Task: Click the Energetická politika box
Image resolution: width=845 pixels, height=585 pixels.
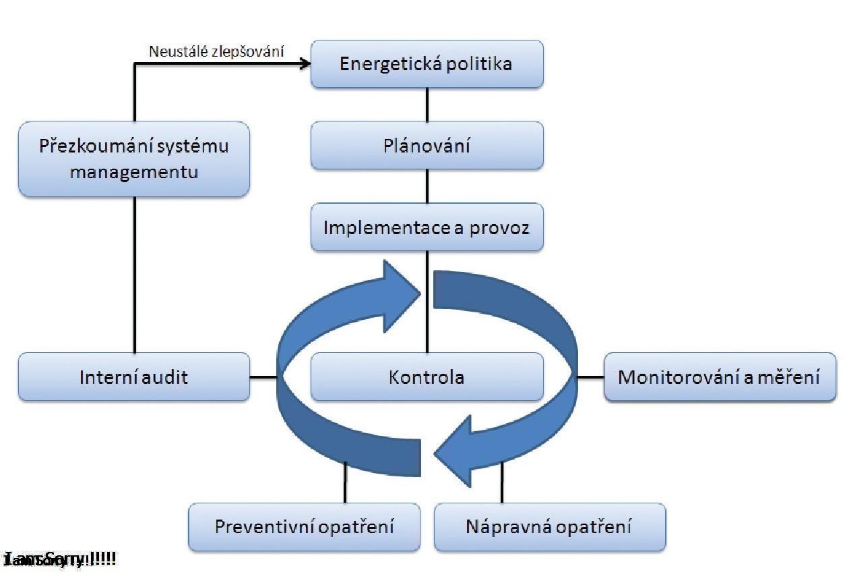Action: click(427, 64)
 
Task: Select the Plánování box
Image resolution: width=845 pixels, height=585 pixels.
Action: click(427, 145)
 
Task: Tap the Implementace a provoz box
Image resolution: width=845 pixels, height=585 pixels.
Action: click(427, 227)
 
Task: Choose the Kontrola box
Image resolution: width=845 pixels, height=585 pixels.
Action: click(427, 377)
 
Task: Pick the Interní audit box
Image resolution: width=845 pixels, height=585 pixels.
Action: click(133, 377)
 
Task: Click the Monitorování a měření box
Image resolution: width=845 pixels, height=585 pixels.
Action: click(719, 377)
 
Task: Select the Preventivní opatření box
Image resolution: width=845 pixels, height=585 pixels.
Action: click(304, 526)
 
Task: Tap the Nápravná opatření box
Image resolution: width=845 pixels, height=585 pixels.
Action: click(549, 526)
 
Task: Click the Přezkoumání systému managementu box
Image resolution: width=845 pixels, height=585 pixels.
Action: click(133, 159)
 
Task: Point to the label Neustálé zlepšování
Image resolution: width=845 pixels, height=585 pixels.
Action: click(216, 51)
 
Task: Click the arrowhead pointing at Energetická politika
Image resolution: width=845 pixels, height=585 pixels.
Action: click(305, 63)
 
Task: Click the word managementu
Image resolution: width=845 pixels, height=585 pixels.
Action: click(133, 171)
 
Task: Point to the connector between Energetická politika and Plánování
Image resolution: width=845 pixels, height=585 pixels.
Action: click(427, 105)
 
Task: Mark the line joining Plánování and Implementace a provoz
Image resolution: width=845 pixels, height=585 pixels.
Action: click(427, 186)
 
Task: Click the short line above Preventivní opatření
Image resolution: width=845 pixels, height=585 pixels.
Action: click(345, 482)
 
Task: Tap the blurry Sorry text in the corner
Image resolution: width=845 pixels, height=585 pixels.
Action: click(61, 559)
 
